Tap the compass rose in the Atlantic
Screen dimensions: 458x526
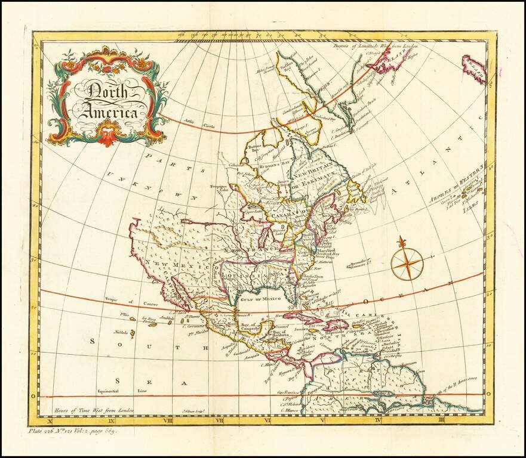[407, 262]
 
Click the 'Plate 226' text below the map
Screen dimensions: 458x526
[48, 431]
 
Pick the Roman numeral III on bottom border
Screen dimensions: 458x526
[457, 420]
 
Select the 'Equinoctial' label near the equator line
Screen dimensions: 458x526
[109, 391]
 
